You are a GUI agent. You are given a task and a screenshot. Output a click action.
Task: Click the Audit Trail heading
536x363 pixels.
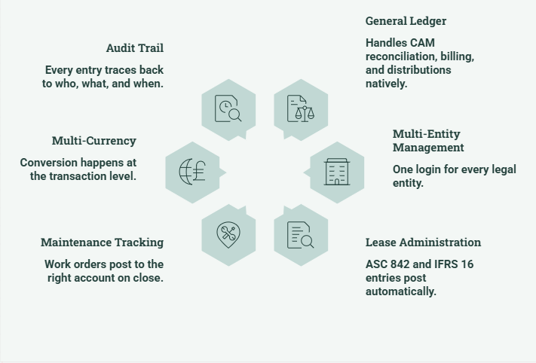[x=135, y=48]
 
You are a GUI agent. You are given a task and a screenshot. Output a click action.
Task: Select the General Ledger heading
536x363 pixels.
[x=406, y=21]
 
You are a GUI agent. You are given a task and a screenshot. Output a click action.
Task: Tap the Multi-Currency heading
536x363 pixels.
[x=94, y=141]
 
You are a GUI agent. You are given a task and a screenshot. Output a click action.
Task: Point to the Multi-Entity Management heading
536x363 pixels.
[x=428, y=141]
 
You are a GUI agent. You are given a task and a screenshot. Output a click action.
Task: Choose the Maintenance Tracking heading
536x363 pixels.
[x=103, y=243]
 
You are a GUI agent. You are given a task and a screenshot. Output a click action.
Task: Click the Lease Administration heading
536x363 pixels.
[x=423, y=243]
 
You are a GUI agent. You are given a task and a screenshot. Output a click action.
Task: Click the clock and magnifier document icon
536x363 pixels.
[x=228, y=108]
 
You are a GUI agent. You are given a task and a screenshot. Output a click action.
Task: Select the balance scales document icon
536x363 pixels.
[x=301, y=108]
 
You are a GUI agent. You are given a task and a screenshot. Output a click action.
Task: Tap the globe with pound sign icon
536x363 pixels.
[x=192, y=172]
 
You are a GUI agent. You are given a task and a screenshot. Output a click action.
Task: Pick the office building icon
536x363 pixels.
[x=337, y=172]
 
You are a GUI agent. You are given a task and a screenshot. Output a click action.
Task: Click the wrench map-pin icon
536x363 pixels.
[x=228, y=235]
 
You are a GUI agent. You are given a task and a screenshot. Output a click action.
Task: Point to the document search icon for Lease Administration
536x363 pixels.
[x=301, y=235]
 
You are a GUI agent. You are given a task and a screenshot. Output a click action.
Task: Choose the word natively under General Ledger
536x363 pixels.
[x=386, y=84]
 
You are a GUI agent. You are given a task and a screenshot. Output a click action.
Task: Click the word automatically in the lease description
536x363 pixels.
[x=400, y=291]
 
